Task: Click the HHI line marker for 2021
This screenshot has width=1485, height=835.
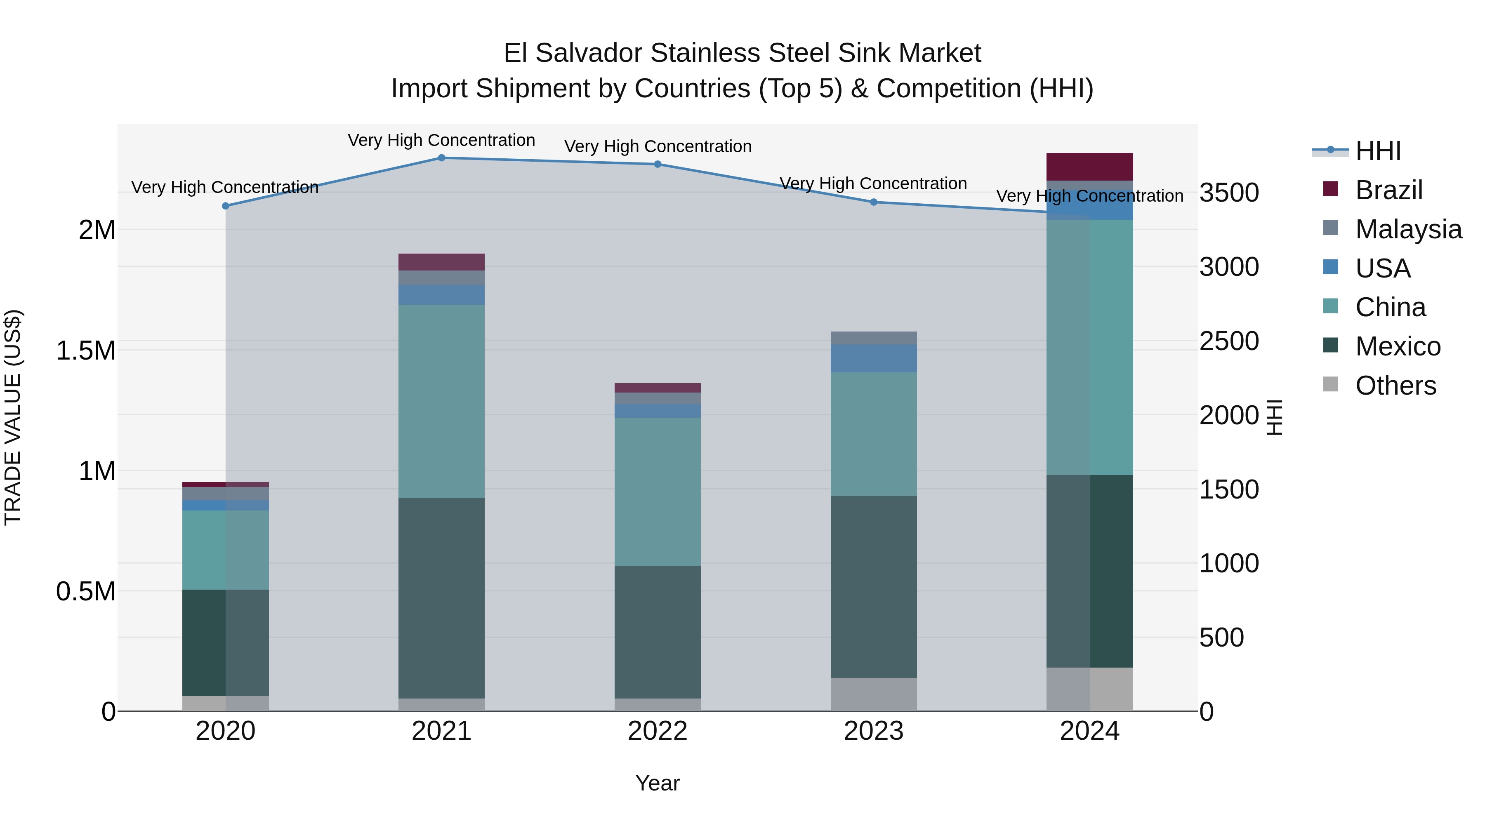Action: (x=441, y=158)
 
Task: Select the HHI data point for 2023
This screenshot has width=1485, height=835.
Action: (x=873, y=202)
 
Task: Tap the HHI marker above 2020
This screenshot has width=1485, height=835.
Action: (x=225, y=206)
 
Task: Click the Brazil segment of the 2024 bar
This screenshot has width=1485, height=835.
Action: (x=1089, y=167)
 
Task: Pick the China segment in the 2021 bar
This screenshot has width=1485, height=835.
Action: (x=441, y=401)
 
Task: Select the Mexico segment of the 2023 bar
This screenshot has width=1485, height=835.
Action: (x=873, y=587)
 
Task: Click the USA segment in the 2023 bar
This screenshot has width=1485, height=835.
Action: (x=873, y=358)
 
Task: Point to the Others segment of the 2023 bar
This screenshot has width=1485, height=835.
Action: (x=873, y=694)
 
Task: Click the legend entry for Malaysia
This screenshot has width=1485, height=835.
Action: (x=1408, y=229)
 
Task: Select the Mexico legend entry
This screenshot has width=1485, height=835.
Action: (x=1398, y=346)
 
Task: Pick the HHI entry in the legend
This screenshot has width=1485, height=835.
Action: (x=1378, y=151)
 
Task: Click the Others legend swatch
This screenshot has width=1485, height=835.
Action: (x=1330, y=384)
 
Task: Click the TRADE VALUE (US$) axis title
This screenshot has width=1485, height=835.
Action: (x=13, y=417)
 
